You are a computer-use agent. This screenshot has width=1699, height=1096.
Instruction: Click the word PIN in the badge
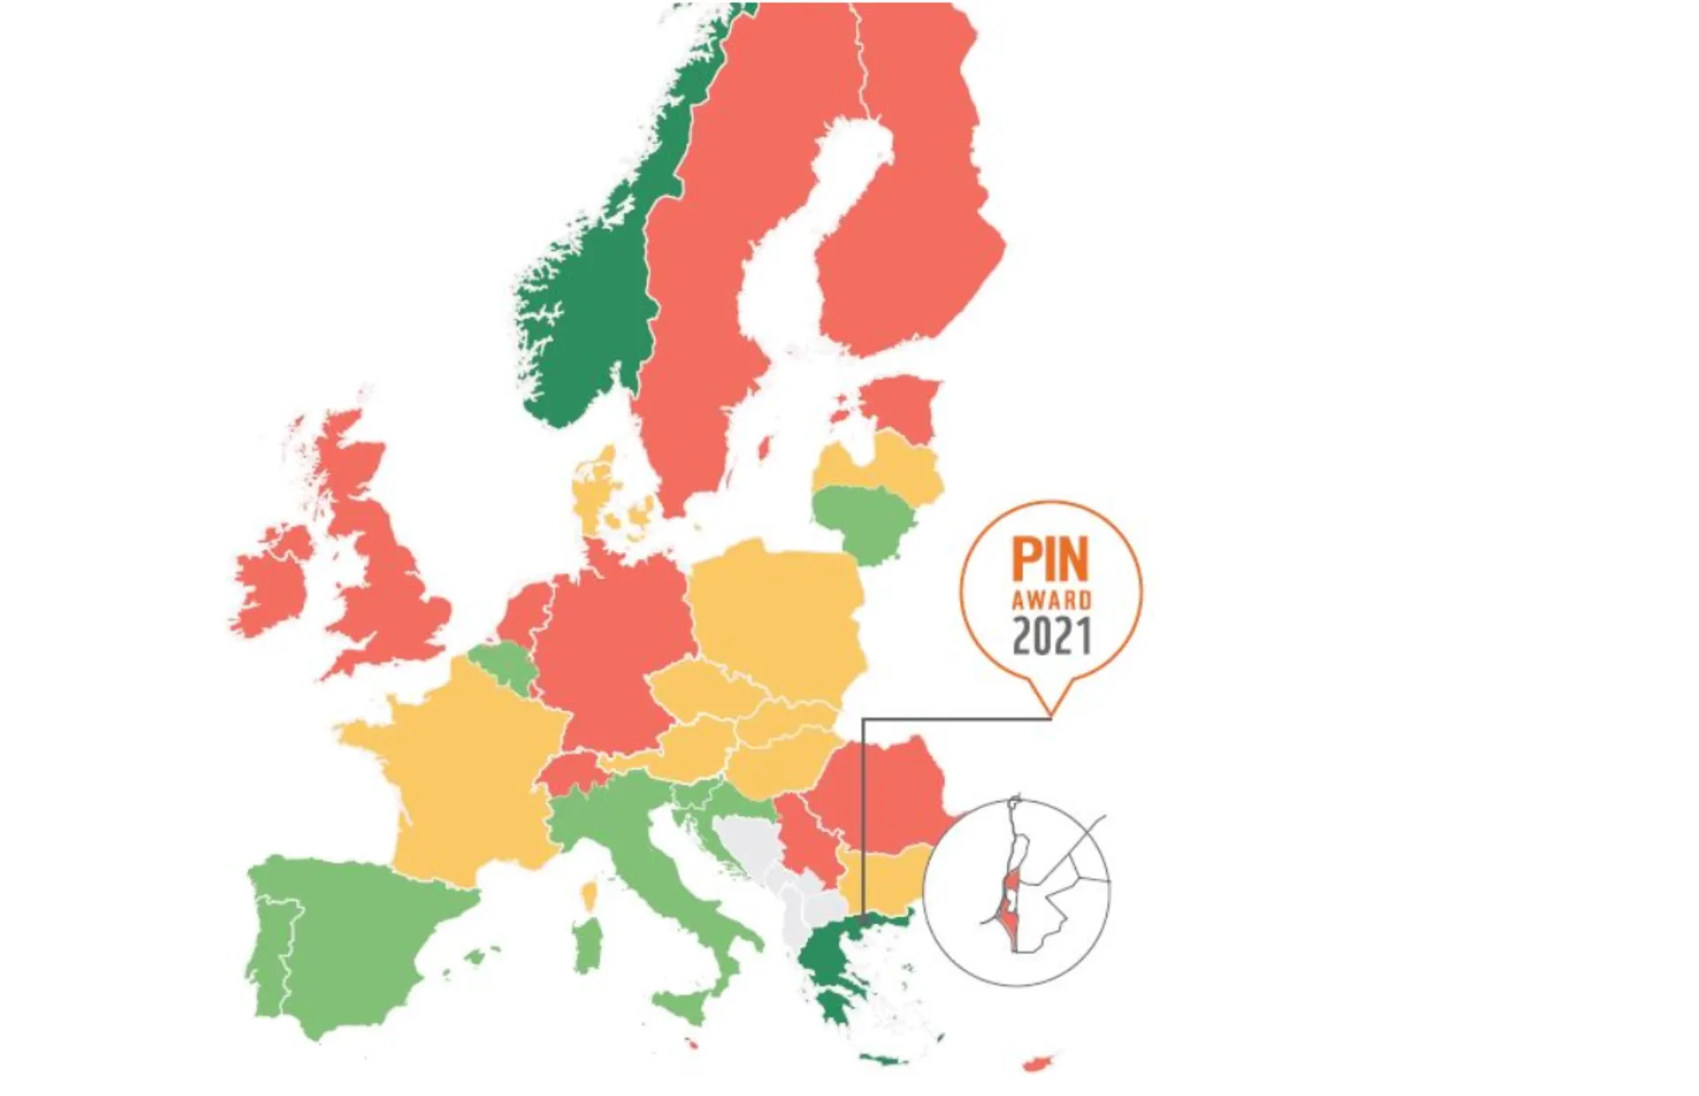(x=1050, y=560)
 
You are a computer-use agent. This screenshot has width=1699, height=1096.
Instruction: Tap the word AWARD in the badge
(x=1051, y=601)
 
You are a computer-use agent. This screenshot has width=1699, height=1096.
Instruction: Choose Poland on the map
(x=779, y=610)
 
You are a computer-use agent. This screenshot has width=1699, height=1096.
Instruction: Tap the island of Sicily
(x=690, y=1007)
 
